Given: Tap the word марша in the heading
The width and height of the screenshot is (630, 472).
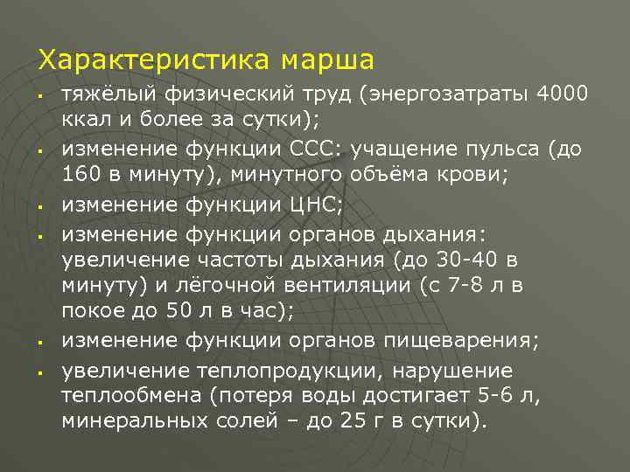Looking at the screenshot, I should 327,60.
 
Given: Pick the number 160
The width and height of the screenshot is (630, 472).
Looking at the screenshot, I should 81,176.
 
